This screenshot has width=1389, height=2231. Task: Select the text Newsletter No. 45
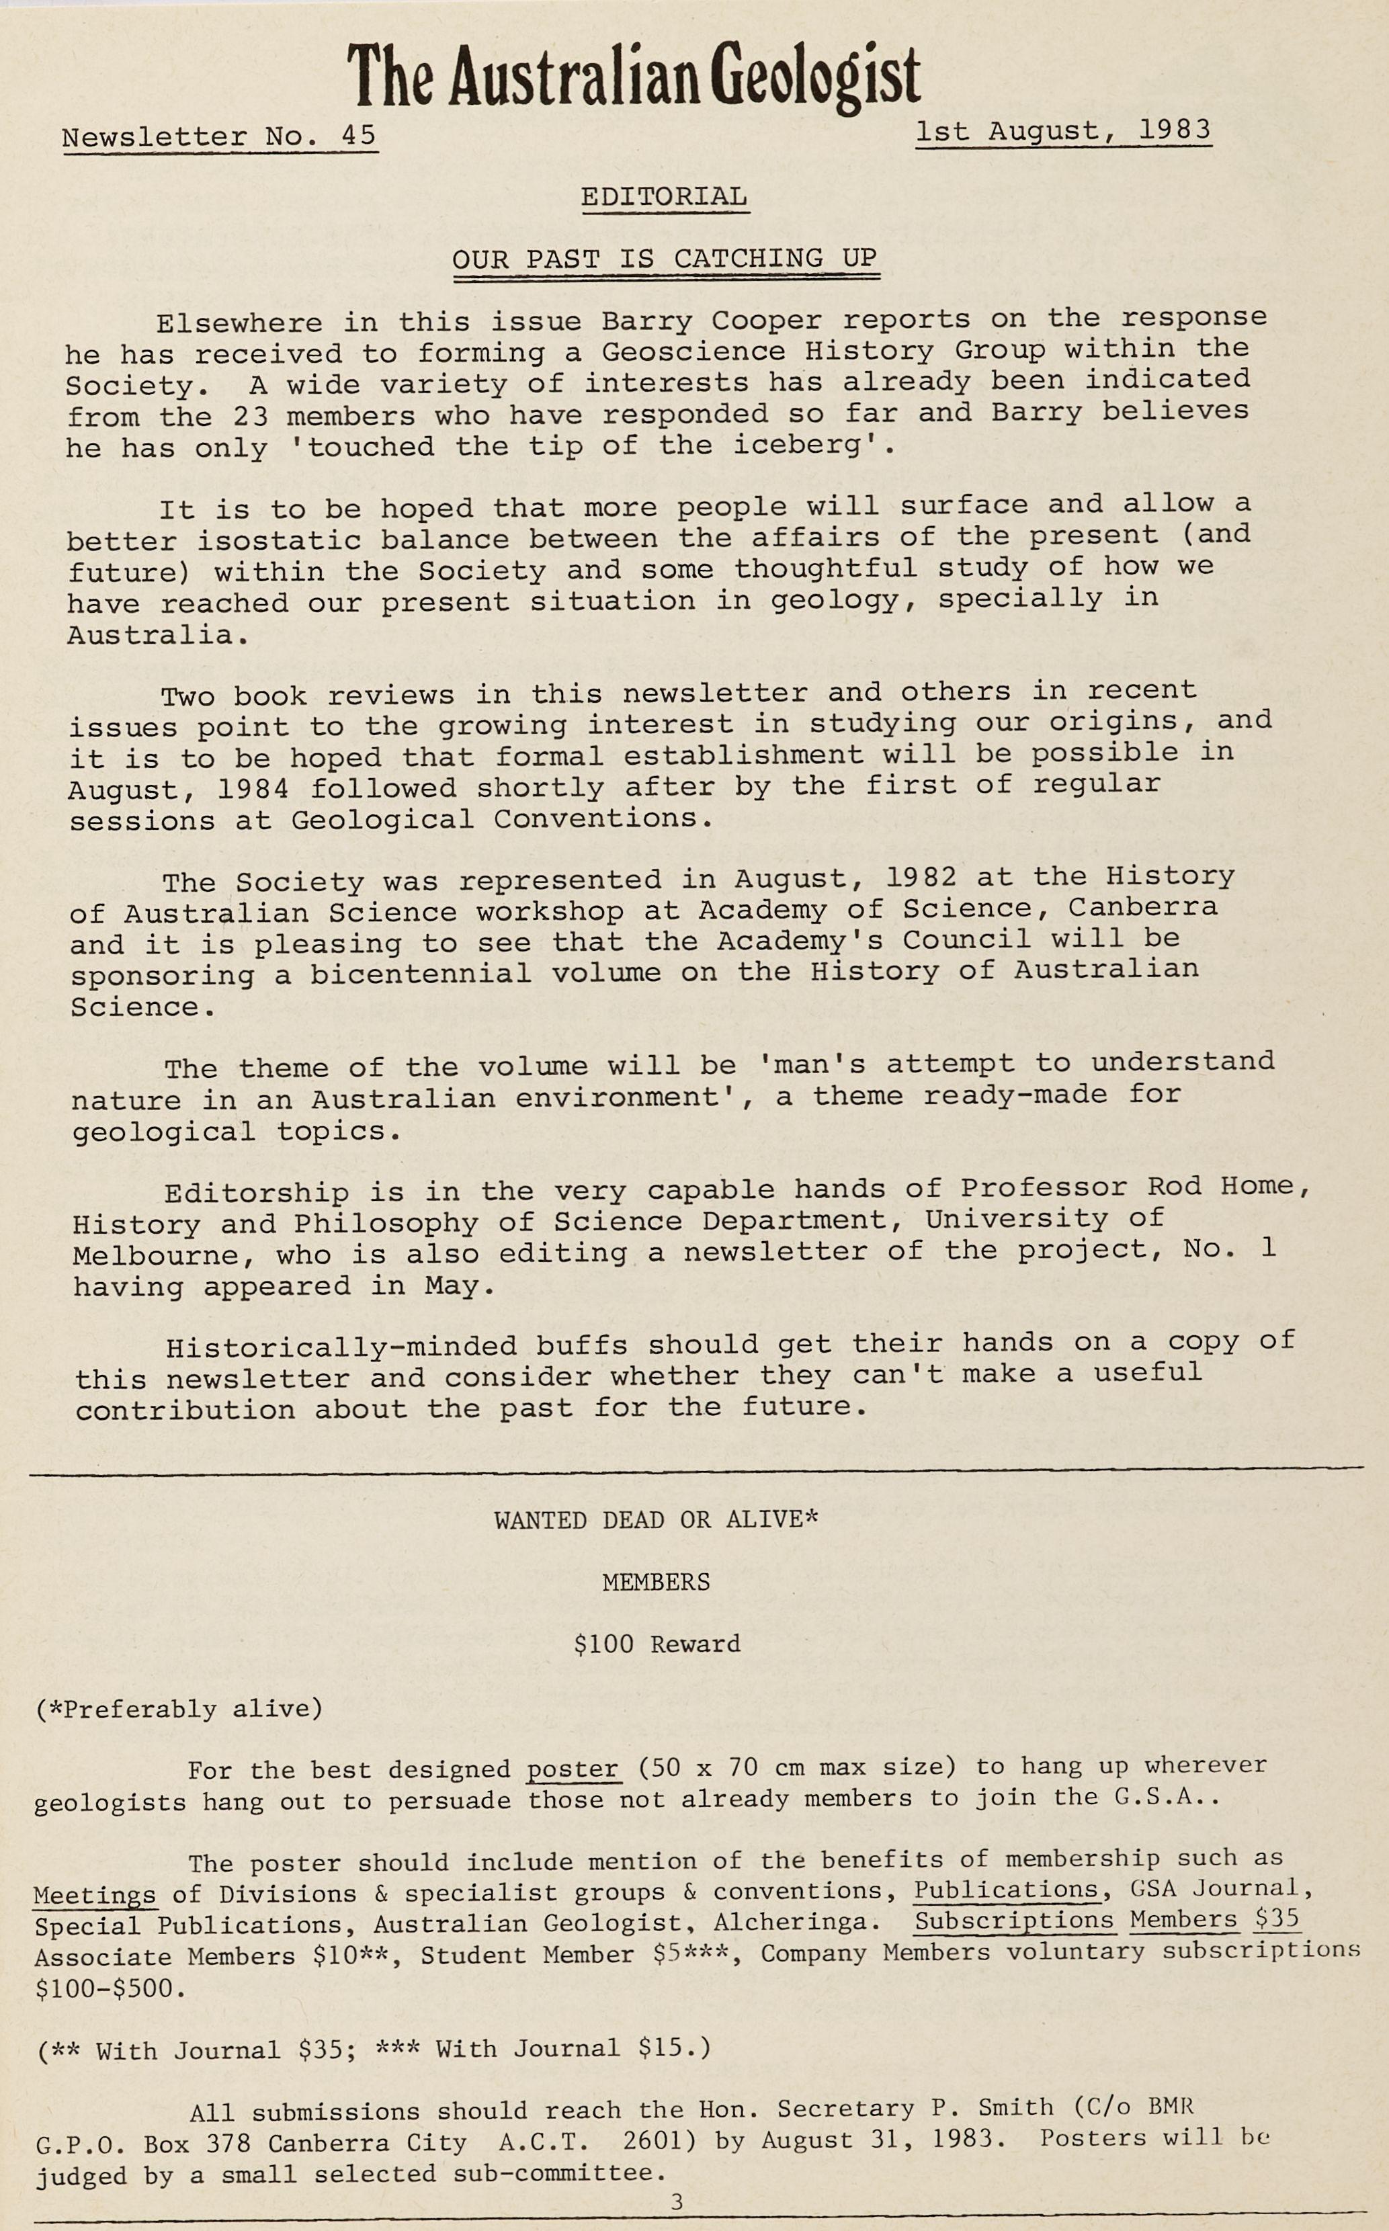click(220, 137)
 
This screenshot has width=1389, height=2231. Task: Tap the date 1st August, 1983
click(1063, 131)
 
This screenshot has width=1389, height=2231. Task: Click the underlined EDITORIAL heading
click(664, 196)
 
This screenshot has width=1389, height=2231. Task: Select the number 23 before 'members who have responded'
click(250, 416)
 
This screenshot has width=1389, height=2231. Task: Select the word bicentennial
click(420, 972)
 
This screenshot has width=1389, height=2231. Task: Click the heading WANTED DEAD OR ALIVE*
click(656, 1520)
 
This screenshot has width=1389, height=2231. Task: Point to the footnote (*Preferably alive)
click(179, 1710)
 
